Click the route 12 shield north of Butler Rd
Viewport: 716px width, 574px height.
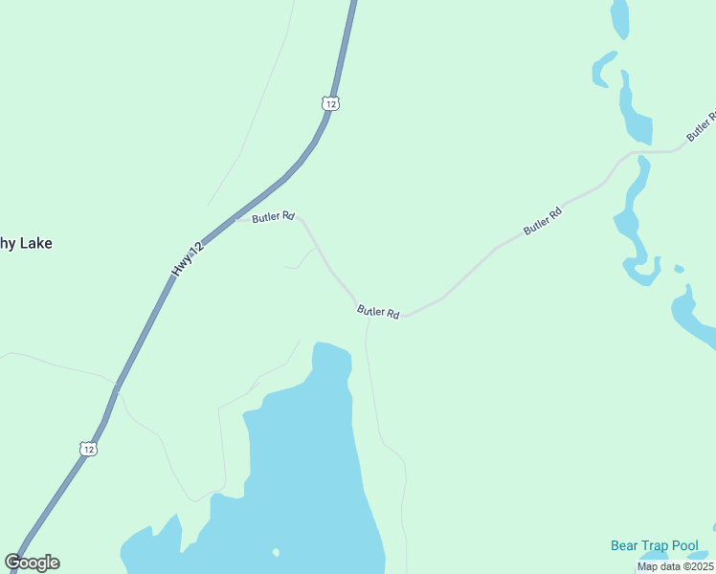pos(330,103)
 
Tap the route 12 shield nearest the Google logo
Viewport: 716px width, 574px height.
pos(88,448)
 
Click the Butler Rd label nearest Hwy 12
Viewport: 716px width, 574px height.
pos(273,218)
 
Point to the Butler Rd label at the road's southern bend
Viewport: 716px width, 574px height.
pos(378,312)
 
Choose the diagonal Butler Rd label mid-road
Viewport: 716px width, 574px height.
pos(543,222)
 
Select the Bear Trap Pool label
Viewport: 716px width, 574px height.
pos(655,546)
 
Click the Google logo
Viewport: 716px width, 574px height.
pos(33,563)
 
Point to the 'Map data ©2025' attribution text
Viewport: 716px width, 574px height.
pos(676,566)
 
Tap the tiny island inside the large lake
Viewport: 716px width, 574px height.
pos(276,552)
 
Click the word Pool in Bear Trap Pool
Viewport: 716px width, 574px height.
pos(684,546)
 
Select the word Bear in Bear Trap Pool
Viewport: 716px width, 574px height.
pos(625,546)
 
